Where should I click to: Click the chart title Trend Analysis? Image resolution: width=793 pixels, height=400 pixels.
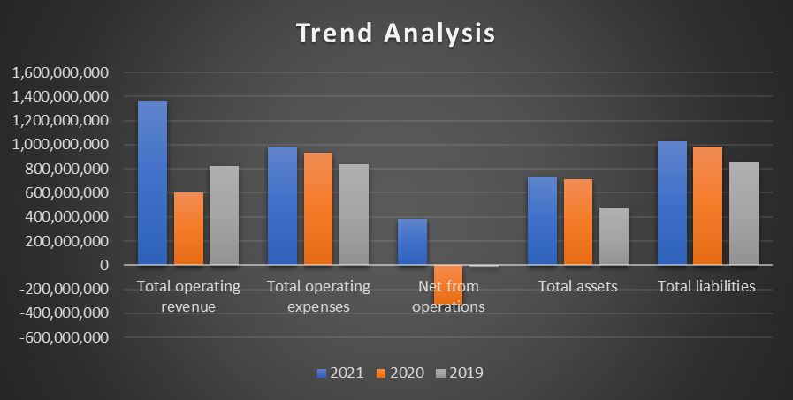coord(395,34)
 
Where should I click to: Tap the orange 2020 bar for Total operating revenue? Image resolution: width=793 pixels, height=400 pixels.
coord(188,228)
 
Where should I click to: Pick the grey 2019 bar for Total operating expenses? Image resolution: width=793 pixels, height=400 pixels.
coord(354,214)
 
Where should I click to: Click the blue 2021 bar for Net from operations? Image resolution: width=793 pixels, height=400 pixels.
coord(412,241)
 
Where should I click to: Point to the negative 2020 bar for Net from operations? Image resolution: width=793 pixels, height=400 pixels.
coord(447,283)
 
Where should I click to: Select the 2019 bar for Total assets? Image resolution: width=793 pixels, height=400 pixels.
coord(614,236)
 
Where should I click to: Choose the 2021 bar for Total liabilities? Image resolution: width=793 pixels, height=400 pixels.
coord(672,202)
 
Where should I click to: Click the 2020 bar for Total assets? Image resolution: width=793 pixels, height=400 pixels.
coord(578,222)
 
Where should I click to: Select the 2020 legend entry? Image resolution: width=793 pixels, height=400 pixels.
coord(398,373)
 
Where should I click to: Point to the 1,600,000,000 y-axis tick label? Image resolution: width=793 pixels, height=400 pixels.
coord(60,72)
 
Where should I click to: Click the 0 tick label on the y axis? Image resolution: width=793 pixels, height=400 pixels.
coord(104,265)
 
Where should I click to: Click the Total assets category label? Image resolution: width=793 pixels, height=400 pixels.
coord(577,286)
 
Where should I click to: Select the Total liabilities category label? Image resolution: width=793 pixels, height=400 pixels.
coord(707,286)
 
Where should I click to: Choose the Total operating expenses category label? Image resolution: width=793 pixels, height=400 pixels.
coord(318,297)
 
